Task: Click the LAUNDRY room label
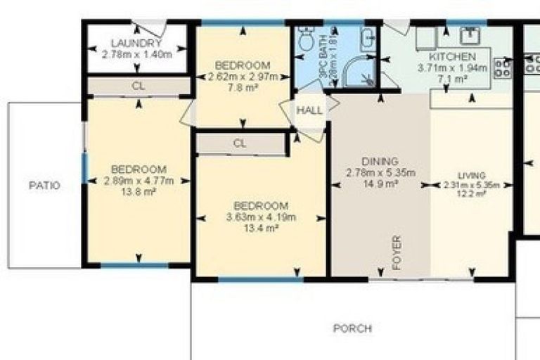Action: (x=137, y=43)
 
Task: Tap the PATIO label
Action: (x=44, y=186)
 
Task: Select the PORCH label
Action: (x=352, y=328)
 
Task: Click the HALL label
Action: (x=309, y=110)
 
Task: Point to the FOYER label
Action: (x=396, y=254)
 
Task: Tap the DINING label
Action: (x=380, y=161)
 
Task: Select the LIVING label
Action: (x=471, y=175)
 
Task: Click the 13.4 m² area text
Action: (x=261, y=228)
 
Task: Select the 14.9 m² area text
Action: (x=380, y=184)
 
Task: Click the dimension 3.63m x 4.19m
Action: (x=261, y=217)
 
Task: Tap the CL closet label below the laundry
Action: (x=138, y=86)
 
